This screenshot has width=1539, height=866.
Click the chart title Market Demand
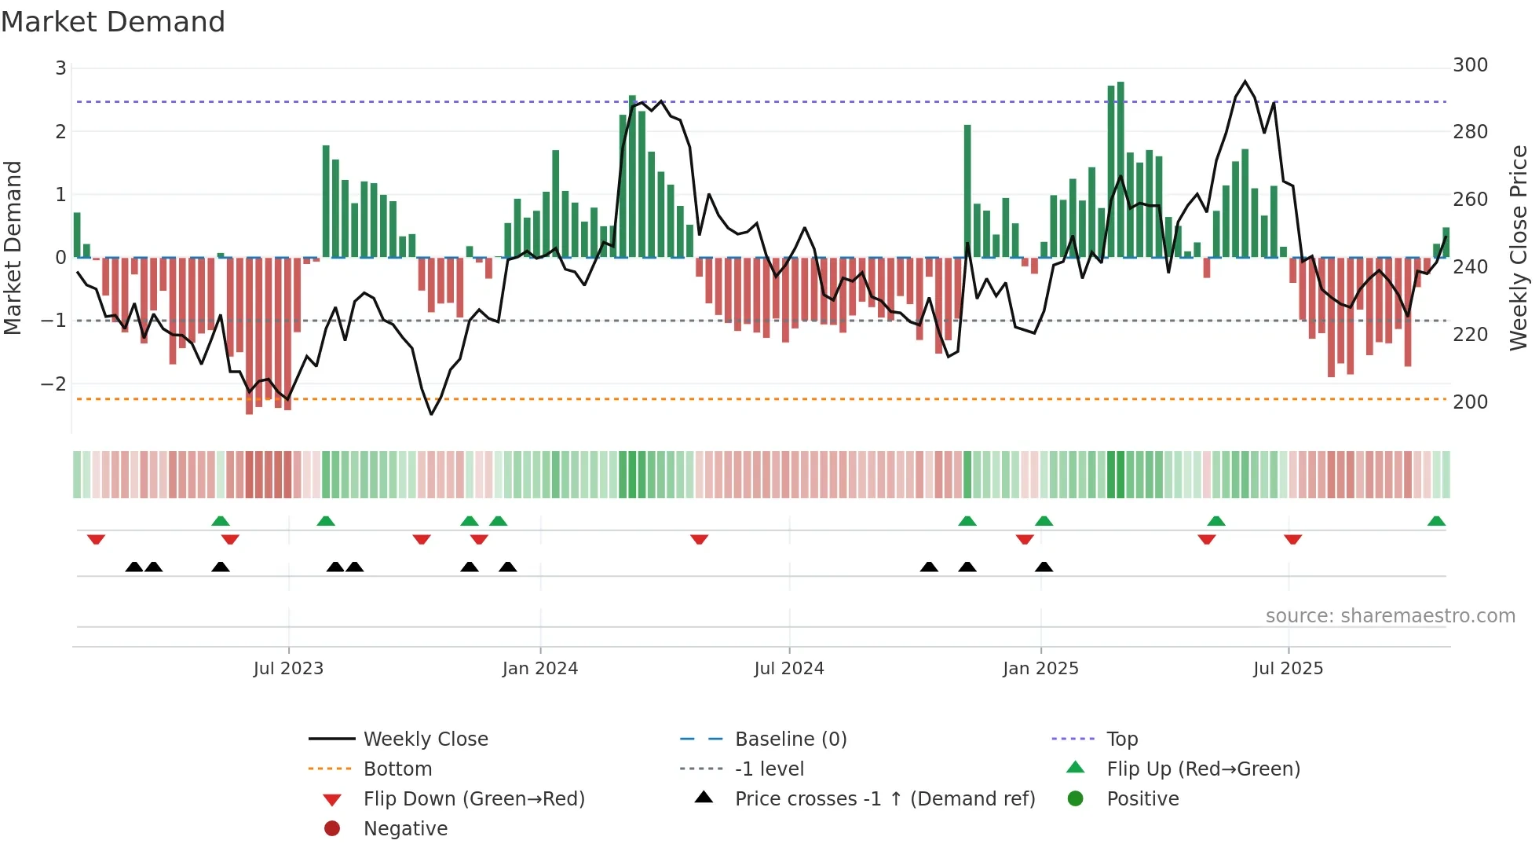coord(113,22)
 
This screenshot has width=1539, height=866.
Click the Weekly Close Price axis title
coord(1519,248)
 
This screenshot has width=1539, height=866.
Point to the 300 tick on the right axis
coord(1470,65)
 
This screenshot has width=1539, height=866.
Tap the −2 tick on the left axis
coord(53,384)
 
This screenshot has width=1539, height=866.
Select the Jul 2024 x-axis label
coord(789,669)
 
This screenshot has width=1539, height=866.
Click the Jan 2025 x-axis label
coord(1040,669)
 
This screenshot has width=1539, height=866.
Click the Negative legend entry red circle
coord(332,829)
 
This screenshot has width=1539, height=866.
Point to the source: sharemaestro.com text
coord(1390,616)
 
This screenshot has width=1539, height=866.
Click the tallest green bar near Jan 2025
coord(1120,169)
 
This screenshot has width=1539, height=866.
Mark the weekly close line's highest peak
coord(1245,82)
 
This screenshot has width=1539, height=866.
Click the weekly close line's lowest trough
coord(431,414)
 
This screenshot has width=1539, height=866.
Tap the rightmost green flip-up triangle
coord(1436,522)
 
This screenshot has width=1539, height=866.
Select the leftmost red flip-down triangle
coord(96,539)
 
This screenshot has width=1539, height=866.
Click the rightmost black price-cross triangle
coord(1044,567)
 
